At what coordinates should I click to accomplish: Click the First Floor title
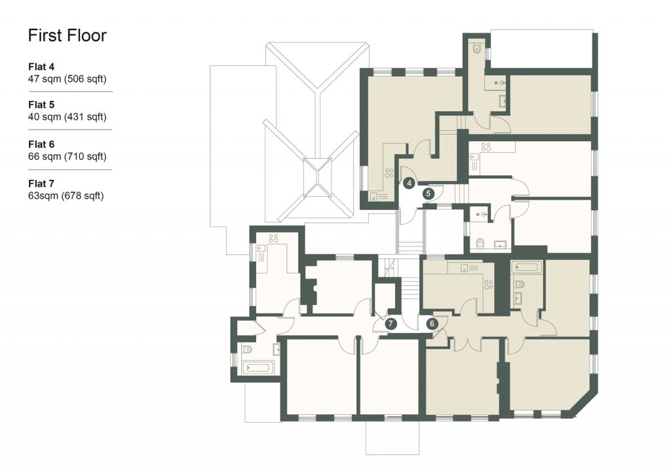tap(67, 35)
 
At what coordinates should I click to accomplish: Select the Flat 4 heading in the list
tap(41, 67)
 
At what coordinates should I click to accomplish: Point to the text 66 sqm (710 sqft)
tap(67, 156)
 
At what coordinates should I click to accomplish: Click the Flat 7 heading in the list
tap(41, 183)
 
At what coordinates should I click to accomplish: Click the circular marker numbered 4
tap(409, 183)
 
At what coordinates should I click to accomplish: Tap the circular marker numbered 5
tap(429, 194)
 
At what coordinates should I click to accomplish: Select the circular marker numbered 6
tap(432, 323)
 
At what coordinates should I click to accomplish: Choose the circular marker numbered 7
tap(391, 323)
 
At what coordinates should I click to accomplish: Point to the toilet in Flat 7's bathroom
tap(247, 349)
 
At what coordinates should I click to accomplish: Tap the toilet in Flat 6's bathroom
tap(520, 284)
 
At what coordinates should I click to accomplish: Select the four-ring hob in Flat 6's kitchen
tap(488, 284)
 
